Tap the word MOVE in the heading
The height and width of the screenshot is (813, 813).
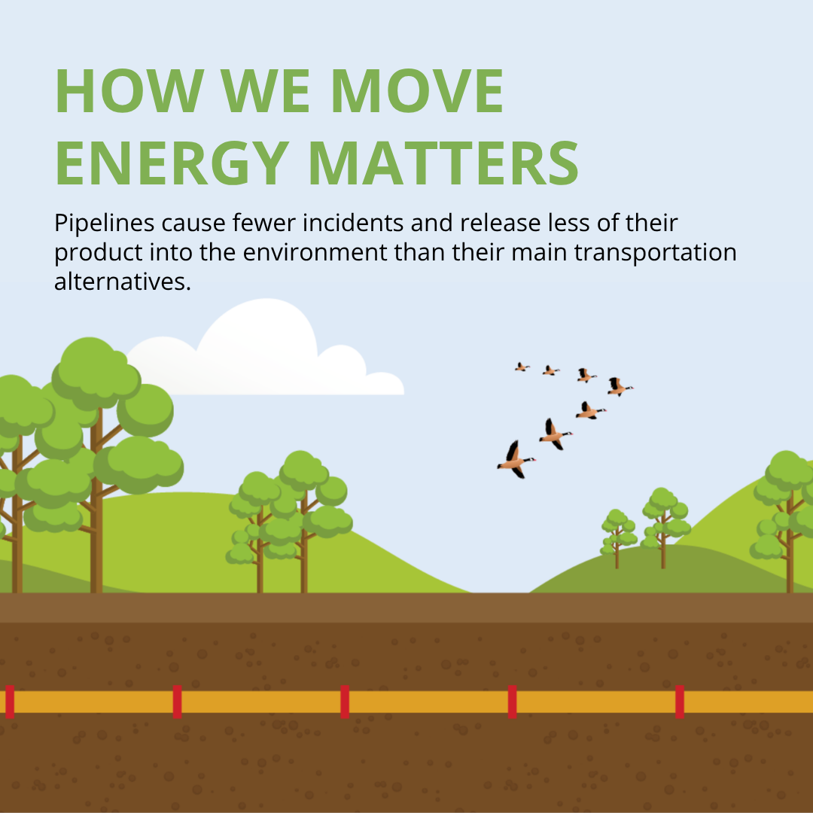[417, 91]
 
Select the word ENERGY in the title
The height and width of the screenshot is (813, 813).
[172, 163]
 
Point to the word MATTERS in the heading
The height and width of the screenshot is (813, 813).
[444, 163]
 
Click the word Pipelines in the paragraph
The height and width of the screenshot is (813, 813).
[104, 224]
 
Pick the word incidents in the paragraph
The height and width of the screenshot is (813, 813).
[353, 223]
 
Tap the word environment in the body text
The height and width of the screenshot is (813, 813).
[315, 253]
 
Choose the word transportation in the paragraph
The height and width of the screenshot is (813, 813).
[656, 253]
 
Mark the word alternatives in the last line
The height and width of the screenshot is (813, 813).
[123, 282]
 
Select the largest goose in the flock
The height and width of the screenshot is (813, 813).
[516, 460]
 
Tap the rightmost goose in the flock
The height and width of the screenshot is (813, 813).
[620, 387]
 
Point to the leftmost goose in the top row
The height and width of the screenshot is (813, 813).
[522, 367]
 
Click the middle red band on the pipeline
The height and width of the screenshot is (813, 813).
[345, 702]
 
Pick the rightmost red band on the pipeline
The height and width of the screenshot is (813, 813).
[680, 702]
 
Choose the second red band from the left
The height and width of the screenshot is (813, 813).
[178, 702]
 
